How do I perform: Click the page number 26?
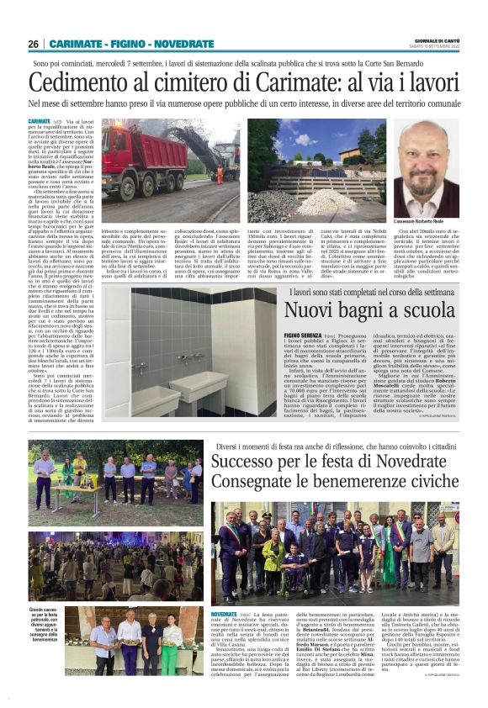coord(33,44)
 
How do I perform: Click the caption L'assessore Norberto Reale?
coord(426,220)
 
